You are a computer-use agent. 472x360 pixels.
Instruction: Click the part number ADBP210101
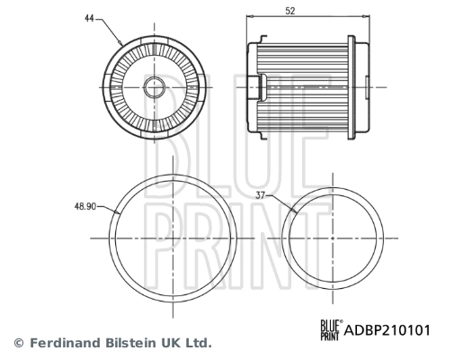[387, 330]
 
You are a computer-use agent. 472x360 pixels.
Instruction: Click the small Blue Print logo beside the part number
[333, 330]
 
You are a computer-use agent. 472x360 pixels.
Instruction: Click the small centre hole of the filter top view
[154, 86]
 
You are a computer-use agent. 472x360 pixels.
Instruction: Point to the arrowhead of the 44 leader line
[121, 43]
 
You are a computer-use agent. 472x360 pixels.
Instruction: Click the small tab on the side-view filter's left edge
[264, 85]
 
